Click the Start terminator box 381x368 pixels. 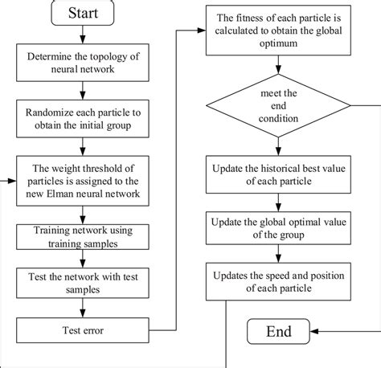[x=83, y=13]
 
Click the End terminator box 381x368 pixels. [x=278, y=331]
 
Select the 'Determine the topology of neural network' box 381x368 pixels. [x=83, y=63]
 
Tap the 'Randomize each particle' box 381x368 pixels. [x=83, y=119]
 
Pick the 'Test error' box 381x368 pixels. [x=83, y=330]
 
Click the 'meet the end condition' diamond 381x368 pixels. [x=278, y=105]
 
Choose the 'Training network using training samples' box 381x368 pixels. [x=83, y=237]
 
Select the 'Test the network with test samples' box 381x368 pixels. [x=83, y=283]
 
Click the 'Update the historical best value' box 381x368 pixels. [x=278, y=174]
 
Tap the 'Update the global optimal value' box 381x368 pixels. [x=278, y=228]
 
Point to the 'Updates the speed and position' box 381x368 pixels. [x=278, y=281]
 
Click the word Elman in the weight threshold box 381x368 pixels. [x=58, y=194]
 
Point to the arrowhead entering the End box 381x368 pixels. [x=314, y=331]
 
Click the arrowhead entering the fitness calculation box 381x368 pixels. [x=202, y=31]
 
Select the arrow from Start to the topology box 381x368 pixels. [x=83, y=35]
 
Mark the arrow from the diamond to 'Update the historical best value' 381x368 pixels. [x=278, y=146]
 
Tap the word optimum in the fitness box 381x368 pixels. [x=278, y=43]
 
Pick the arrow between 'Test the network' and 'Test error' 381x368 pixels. [x=83, y=308]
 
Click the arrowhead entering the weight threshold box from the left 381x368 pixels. [x=12, y=181]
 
